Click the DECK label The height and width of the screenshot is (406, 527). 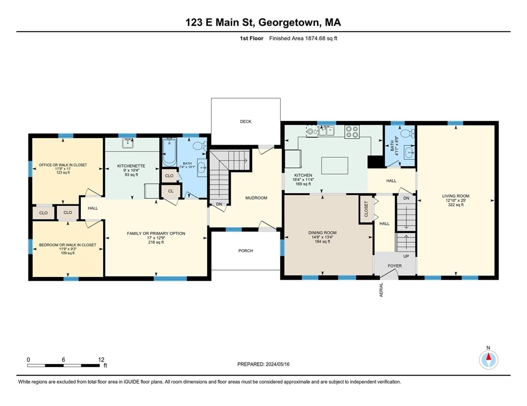pos(246,122)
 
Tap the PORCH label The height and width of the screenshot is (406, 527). pos(246,251)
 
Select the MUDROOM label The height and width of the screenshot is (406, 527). pos(256,198)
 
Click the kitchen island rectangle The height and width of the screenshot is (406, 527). pos(334,166)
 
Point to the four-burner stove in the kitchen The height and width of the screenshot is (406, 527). pos(352,131)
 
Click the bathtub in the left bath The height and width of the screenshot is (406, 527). pos(169,152)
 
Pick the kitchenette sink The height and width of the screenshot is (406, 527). pos(127,143)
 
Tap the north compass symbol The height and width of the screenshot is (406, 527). pos(488,360)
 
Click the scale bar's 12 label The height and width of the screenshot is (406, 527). pos(101,359)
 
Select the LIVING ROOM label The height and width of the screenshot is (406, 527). pos(456,196)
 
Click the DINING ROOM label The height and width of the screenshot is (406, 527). pos(322,232)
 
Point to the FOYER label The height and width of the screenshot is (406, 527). pos(395,266)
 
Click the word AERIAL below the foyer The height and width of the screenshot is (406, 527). pos(381,290)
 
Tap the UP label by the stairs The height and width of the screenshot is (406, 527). pos(406,256)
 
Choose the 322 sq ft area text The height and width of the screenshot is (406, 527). pos(456,205)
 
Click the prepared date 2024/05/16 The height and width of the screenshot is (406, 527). pos(277,364)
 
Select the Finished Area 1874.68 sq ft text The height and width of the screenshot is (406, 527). pos(303,39)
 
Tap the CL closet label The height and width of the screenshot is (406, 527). pos(171,191)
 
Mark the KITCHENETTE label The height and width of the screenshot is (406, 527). pos(131,166)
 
